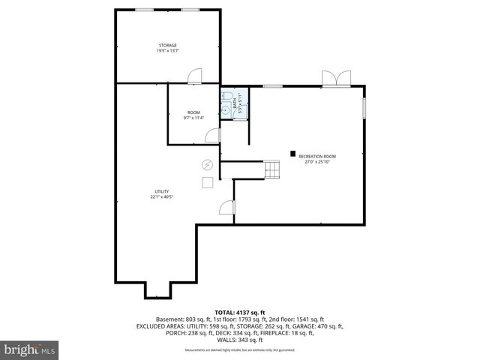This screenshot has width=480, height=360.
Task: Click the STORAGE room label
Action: (167, 45)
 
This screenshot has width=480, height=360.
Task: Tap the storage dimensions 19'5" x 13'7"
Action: (167, 51)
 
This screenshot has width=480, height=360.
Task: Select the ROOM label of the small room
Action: (193, 112)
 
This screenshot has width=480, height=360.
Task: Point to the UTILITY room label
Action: (162, 191)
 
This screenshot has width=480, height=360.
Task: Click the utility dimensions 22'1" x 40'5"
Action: (162, 197)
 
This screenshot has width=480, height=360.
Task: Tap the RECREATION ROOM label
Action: (317, 156)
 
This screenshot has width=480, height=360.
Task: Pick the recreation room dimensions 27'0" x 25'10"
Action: (317, 162)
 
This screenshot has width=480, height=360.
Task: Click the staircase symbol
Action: (271, 170)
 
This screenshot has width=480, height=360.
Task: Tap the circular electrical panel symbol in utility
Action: (207, 165)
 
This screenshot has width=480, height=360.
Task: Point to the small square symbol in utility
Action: (207, 181)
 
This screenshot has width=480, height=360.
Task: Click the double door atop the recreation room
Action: (334, 78)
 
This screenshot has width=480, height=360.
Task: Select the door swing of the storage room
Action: (195, 76)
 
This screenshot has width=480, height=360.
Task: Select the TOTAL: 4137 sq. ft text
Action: (239, 312)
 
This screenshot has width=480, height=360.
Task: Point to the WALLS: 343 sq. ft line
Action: (239, 339)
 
